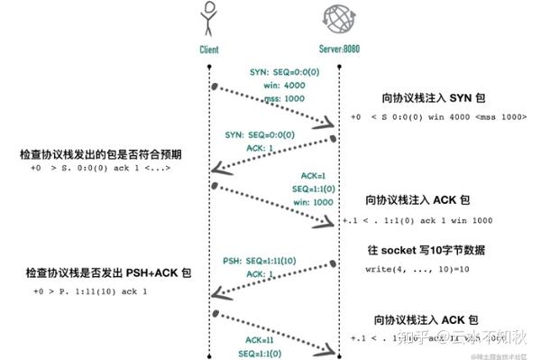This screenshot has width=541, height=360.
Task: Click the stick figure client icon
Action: pos(209,20)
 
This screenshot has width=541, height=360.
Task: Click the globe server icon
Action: pos(338,20)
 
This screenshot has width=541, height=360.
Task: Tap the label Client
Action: pos(209,50)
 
